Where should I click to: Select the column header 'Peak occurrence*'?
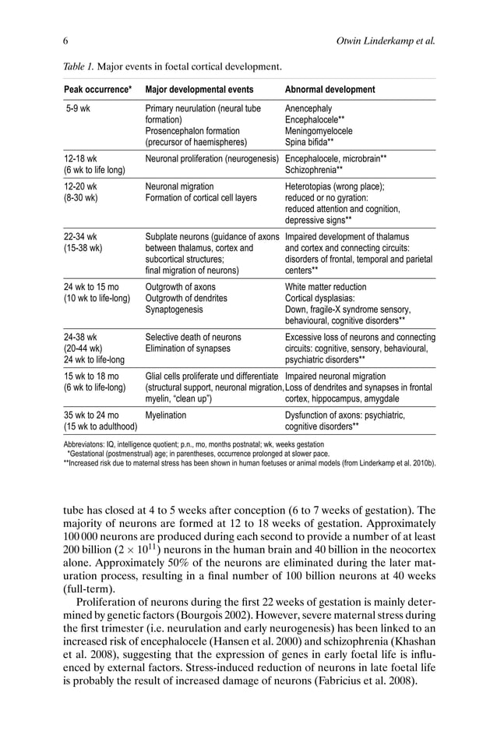coord(97,90)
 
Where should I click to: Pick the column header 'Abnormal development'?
coord(330,90)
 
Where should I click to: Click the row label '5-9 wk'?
coord(78,108)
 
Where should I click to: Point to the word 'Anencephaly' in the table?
coord(308,108)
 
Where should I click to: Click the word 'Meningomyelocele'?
coord(319,131)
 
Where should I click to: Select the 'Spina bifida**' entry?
coord(309,142)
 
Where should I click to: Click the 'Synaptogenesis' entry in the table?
coord(174,309)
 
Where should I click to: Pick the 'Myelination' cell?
coord(167,415)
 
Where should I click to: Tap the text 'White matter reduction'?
coord(326,287)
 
